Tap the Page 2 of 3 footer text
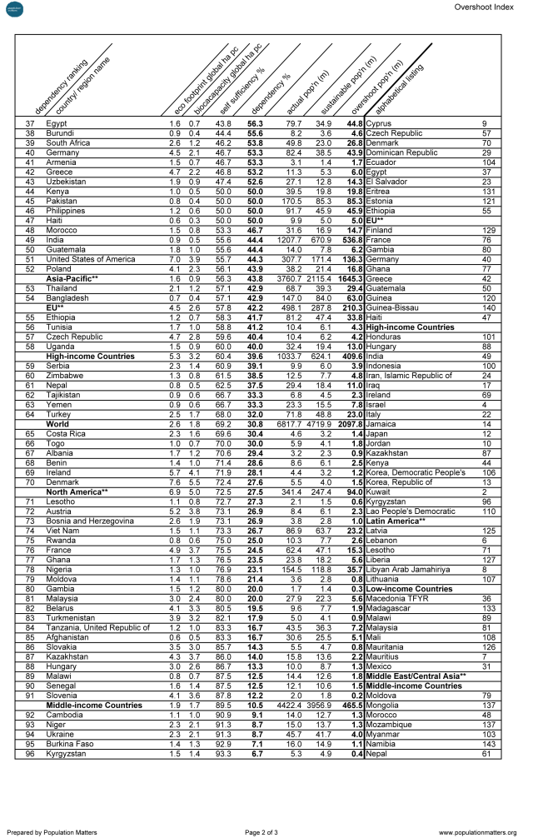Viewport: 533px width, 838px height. coord(266,831)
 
